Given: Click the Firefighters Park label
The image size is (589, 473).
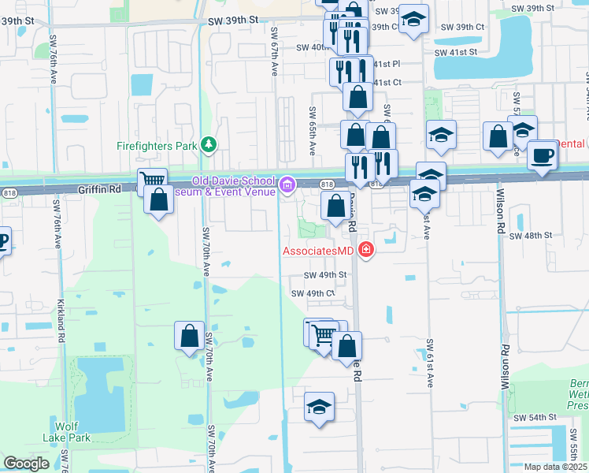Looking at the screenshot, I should (x=156, y=145).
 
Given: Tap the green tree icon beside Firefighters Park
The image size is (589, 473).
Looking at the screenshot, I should (x=208, y=144).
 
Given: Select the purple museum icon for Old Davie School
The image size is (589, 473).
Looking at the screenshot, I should (x=287, y=185).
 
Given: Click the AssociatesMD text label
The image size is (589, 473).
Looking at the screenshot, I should (x=318, y=251).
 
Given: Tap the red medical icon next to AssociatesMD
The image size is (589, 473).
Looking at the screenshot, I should (x=365, y=251).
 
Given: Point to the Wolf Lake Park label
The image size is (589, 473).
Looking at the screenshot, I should (x=67, y=433).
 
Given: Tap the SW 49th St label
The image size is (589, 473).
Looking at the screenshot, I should (x=325, y=275).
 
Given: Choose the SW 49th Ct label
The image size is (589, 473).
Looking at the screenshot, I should (x=313, y=293).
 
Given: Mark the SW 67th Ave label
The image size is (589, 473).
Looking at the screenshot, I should (x=274, y=51).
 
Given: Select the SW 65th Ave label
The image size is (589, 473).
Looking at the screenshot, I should (x=313, y=130).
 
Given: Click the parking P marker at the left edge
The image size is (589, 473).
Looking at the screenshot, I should (x=3, y=241).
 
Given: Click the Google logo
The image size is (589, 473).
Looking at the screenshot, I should (x=26, y=464).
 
